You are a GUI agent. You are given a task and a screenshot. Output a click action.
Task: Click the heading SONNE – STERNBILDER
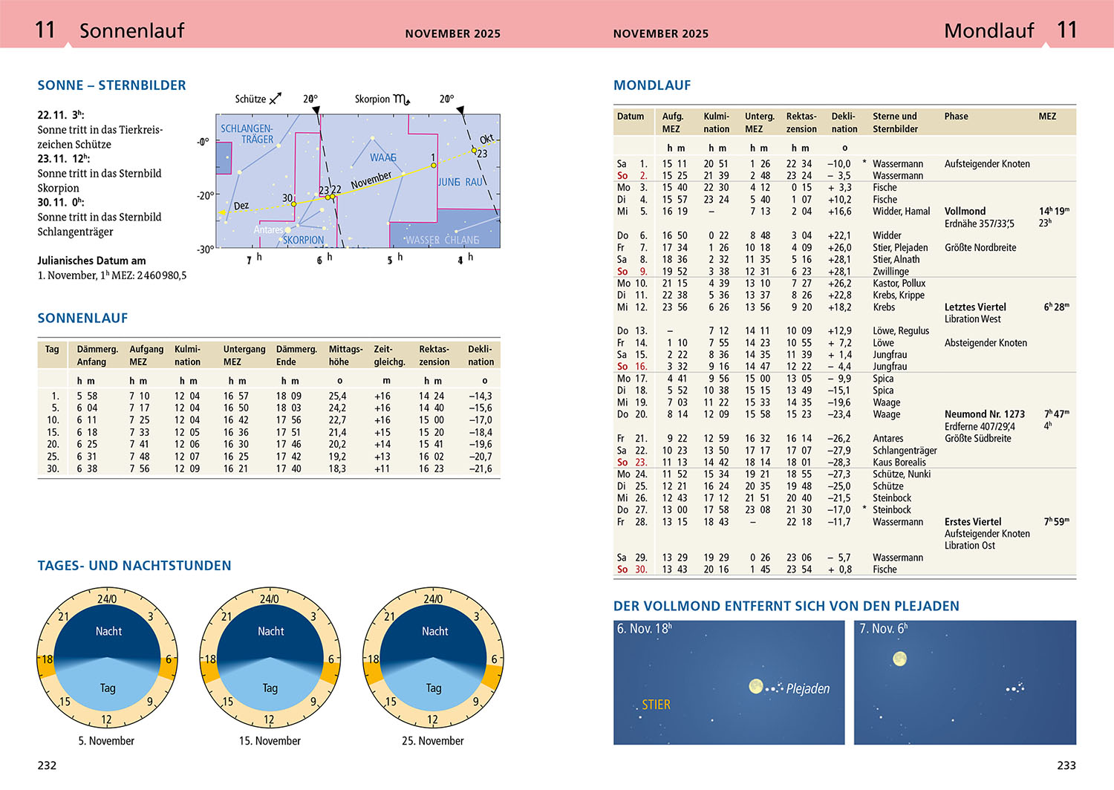(111, 85)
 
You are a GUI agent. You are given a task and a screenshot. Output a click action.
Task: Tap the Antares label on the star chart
(268, 229)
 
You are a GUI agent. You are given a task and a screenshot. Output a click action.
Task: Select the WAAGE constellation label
(383, 157)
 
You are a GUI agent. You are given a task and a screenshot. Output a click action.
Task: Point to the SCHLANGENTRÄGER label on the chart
(247, 134)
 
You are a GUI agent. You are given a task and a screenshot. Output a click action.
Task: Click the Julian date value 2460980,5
(162, 275)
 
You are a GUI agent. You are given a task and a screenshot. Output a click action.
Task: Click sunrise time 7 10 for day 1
(139, 396)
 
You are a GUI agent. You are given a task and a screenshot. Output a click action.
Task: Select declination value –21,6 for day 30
(480, 469)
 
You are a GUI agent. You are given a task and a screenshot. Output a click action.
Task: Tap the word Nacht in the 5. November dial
(108, 631)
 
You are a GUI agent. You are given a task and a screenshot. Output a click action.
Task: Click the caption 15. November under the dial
(270, 741)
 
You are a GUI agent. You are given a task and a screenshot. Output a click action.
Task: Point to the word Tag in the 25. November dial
(434, 688)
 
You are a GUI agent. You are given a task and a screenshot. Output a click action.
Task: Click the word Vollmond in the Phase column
(965, 212)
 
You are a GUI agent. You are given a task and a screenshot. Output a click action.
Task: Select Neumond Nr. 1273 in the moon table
(984, 414)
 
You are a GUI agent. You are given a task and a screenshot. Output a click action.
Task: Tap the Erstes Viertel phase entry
(972, 522)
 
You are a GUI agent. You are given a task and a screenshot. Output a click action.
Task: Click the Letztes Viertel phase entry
(975, 307)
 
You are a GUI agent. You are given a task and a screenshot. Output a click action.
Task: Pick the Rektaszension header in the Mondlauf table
(801, 123)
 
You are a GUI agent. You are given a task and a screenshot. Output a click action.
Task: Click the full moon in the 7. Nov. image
(899, 659)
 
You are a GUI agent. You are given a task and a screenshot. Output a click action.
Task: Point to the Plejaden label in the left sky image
(807, 689)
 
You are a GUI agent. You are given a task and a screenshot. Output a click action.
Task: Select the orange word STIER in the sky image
(656, 705)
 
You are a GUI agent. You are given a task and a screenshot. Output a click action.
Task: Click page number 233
(1066, 765)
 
